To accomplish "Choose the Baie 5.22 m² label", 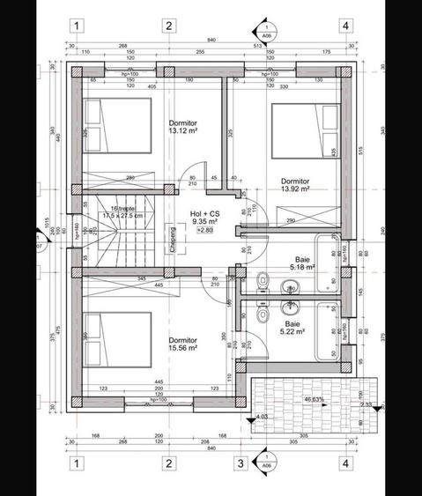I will tap(292, 329).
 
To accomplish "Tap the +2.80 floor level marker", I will tap(204, 231).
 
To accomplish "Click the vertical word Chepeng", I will tap(173, 240).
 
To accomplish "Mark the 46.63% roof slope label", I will tap(313, 399).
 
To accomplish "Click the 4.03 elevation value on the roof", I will tap(261, 416).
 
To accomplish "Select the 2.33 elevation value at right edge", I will tap(366, 404).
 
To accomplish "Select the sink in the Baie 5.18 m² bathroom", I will tap(289, 288).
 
